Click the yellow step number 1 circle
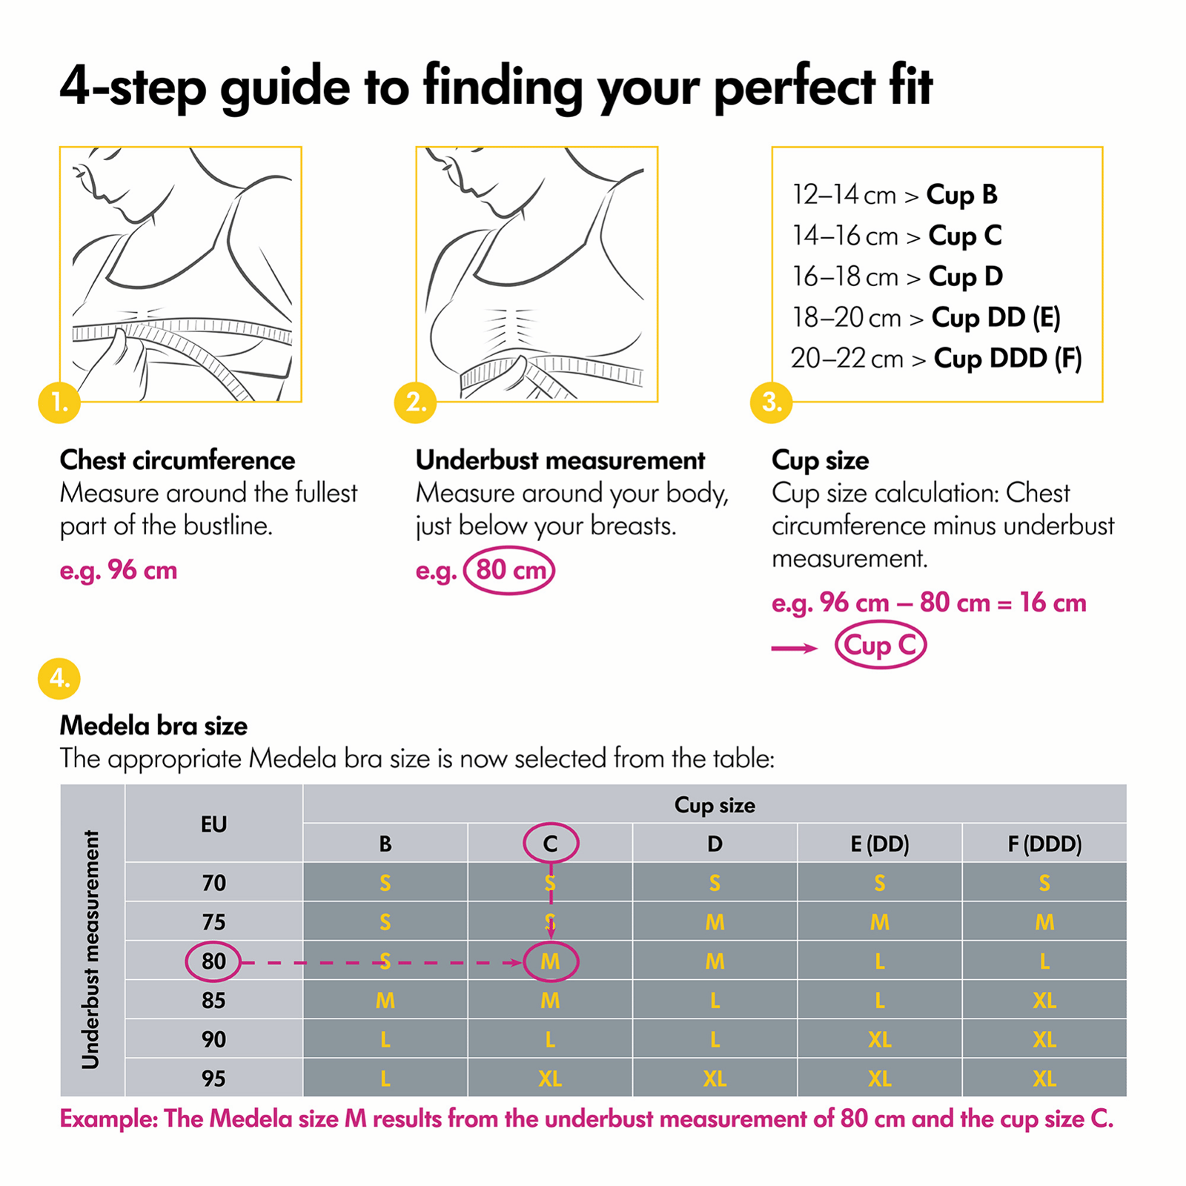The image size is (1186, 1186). [59, 402]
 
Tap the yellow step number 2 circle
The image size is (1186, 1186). [415, 402]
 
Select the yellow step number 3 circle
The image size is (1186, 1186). [772, 402]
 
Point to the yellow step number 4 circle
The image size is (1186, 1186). [59, 679]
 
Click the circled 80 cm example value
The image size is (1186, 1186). [509, 570]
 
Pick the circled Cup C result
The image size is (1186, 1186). [881, 646]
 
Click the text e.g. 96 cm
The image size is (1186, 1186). [119, 570]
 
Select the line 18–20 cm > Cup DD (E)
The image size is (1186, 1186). [926, 317]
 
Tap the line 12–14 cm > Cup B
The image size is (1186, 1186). [895, 195]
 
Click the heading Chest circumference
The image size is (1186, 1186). [177, 460]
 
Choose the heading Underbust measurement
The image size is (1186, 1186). [560, 460]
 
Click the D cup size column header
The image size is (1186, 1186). [715, 844]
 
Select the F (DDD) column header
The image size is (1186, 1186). [1044, 844]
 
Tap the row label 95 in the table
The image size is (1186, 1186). [213, 1078]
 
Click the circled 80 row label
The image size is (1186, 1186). [213, 961]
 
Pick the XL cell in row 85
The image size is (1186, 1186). [1044, 1001]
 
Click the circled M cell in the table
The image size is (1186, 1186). [550, 961]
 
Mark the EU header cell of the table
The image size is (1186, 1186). [213, 824]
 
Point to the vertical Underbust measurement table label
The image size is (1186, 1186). [91, 949]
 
